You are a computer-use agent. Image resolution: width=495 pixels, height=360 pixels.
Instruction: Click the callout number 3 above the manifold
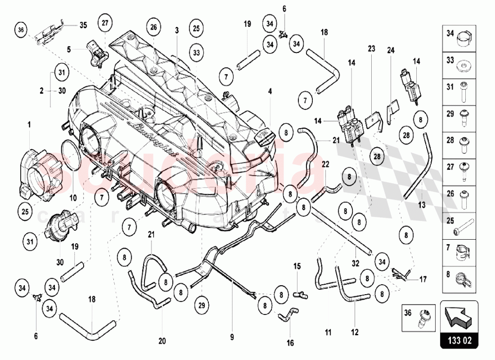(176, 31)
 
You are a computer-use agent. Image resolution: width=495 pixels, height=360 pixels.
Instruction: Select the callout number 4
(270, 91)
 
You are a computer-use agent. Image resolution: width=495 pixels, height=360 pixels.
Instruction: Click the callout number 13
(422, 204)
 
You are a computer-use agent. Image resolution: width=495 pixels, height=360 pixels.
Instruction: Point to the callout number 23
(372, 49)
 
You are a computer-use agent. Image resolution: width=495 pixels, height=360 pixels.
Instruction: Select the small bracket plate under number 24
(393, 106)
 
